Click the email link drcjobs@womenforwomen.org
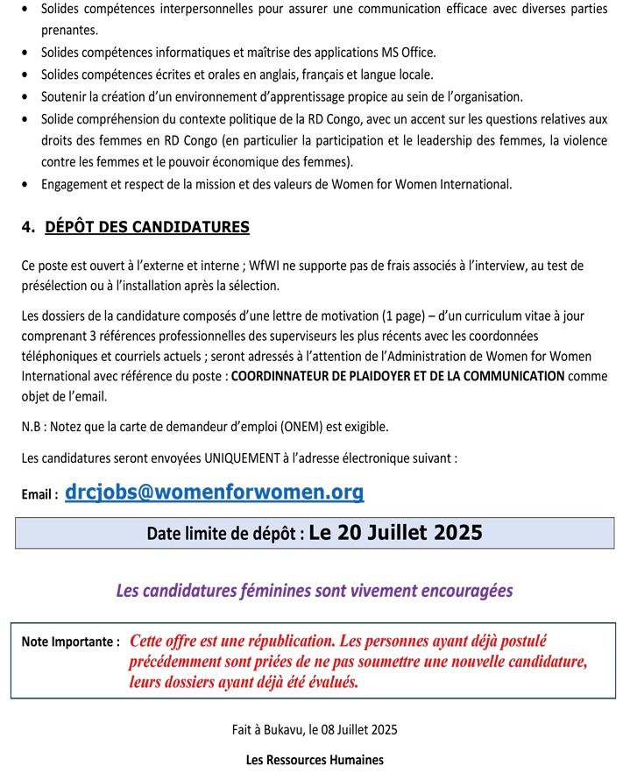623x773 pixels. tap(215, 493)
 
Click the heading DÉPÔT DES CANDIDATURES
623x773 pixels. tap(147, 228)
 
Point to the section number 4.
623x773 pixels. tap(28, 228)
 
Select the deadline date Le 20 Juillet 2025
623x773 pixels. tap(395, 533)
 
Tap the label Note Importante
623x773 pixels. tap(70, 642)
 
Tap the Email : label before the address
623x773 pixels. tap(40, 495)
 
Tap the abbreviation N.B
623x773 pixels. tap(32, 427)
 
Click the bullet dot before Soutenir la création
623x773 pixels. tap(26, 96)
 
